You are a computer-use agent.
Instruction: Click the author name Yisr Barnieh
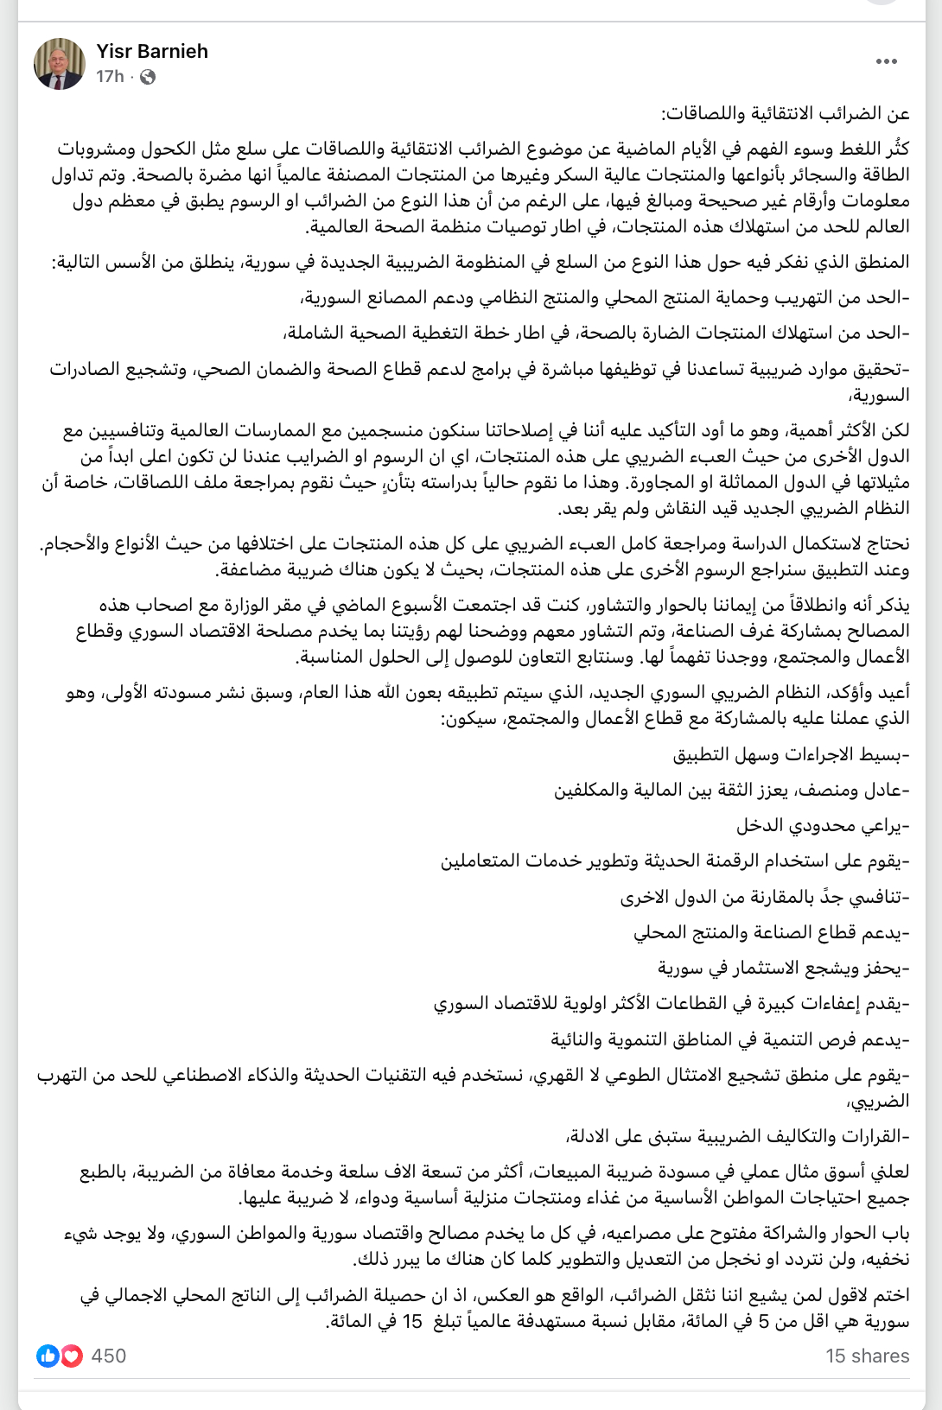coord(152,51)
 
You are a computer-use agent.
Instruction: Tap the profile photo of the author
coord(60,64)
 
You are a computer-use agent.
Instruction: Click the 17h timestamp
coord(110,77)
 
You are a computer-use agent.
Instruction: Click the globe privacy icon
coord(148,77)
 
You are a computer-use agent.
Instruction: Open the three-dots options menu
coord(887,61)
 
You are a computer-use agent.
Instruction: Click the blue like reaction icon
coord(48,1356)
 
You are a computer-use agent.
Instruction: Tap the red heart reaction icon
coord(71,1356)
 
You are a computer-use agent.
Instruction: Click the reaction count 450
coord(109,1356)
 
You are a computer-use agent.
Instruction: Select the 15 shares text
coord(867,1356)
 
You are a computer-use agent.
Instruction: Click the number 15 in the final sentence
coord(413,1321)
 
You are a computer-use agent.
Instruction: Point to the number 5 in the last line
coord(763,1321)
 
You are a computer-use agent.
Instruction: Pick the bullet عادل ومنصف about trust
coord(732,790)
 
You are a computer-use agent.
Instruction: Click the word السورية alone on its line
coord(879,395)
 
